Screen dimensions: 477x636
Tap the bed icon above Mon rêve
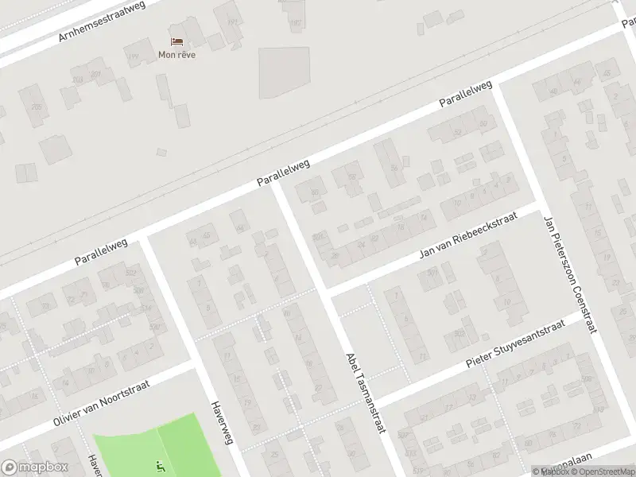pyautogui.click(x=176, y=41)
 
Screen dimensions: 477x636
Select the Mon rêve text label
pyautogui.click(x=176, y=55)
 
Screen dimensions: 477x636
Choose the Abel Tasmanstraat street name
pyautogui.click(x=365, y=393)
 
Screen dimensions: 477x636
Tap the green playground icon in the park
pyautogui.click(x=160, y=466)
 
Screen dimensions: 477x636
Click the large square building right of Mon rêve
pyautogui.click(x=283, y=72)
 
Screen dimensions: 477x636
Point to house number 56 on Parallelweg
pyautogui.click(x=394, y=169)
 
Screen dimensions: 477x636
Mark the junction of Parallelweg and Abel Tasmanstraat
pyautogui.click(x=276, y=188)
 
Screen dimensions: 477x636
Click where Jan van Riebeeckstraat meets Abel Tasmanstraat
pyautogui.click(x=327, y=289)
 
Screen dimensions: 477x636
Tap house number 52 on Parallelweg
pyautogui.click(x=457, y=132)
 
